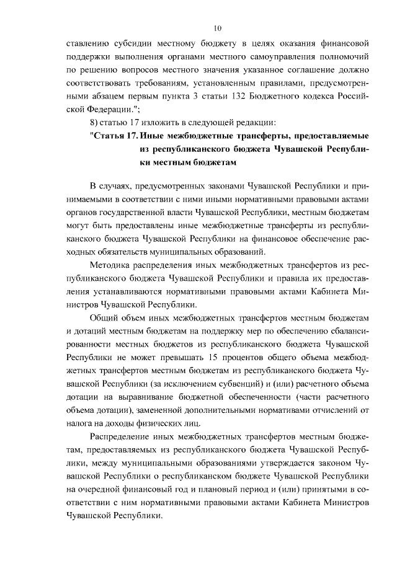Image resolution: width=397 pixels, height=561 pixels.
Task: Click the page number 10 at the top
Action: [x=217, y=27]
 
